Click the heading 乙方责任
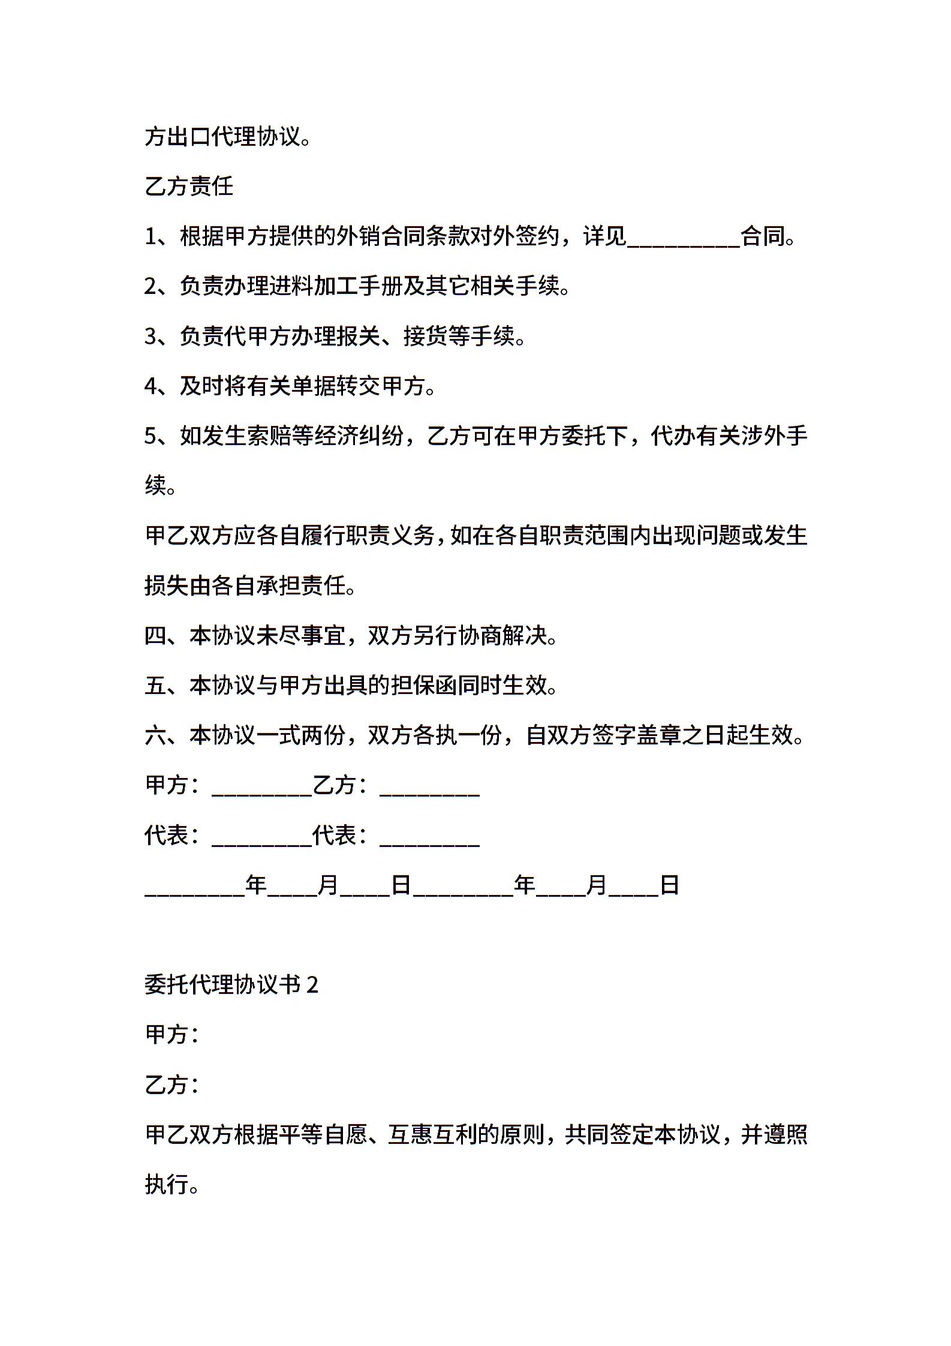(189, 187)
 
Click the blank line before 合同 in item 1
(683, 239)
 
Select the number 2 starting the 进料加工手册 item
(151, 287)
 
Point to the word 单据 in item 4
(313, 386)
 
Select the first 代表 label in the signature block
(167, 835)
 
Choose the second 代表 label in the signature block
(335, 835)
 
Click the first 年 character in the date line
(256, 885)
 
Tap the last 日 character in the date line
(669, 885)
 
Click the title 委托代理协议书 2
(231, 984)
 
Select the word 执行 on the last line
(167, 1184)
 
